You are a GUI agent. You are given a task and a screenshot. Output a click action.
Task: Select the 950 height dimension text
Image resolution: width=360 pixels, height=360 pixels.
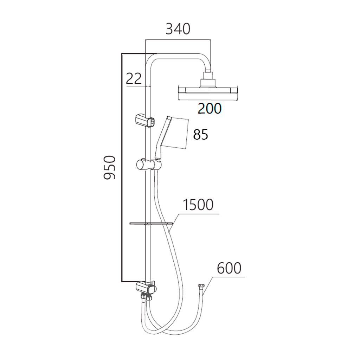tap(109, 167)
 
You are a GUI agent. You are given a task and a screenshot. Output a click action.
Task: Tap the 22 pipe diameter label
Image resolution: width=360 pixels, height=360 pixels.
tap(134, 79)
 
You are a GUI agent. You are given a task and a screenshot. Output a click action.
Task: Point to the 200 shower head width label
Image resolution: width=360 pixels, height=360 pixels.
tap(210, 109)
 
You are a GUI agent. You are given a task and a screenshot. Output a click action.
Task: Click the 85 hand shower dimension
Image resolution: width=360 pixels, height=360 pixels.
tap(201, 135)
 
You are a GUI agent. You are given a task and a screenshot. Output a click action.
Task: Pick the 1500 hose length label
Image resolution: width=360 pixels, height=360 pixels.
tap(198, 205)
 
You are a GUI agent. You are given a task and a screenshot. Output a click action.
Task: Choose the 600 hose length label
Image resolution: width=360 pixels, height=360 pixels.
tap(229, 268)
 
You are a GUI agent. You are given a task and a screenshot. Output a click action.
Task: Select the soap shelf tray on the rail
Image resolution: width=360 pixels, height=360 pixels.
tap(151, 223)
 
